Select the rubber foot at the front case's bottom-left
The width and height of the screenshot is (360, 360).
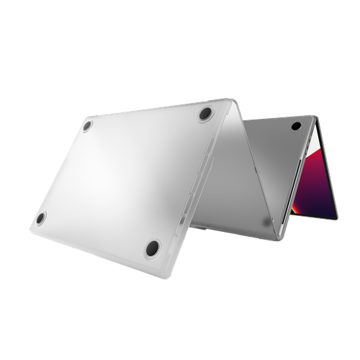(40, 218)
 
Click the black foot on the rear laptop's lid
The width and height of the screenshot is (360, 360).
(295, 126)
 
